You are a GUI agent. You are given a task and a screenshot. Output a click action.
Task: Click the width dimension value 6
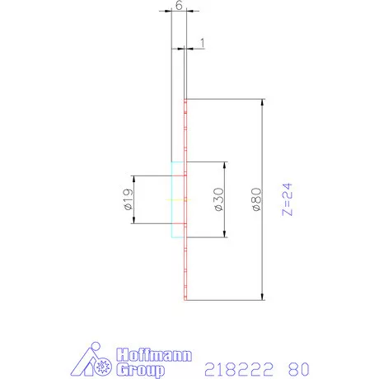(179, 5)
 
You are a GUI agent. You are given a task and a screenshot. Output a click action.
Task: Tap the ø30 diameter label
(219, 199)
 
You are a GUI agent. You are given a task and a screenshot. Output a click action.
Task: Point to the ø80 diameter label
(256, 200)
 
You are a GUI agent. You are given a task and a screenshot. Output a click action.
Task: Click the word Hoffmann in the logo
(155, 356)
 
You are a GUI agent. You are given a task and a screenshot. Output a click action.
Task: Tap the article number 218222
(236, 368)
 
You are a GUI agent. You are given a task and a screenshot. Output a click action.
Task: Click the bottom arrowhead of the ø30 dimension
(225, 236)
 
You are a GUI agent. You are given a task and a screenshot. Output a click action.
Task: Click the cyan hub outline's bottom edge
(178, 237)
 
